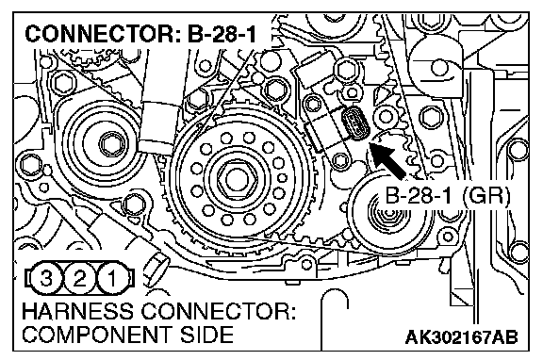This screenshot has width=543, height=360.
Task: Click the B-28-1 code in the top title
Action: (222, 34)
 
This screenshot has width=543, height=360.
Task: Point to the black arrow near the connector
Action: (387, 161)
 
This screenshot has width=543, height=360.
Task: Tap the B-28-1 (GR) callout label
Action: (448, 196)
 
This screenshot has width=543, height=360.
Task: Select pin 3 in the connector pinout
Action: (46, 278)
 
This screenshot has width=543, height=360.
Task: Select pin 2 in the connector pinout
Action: (79, 278)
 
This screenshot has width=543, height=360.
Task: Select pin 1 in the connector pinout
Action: (112, 278)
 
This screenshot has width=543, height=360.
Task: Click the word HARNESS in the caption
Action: (77, 311)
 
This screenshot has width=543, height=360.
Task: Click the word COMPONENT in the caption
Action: (98, 335)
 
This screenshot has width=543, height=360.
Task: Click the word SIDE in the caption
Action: (206, 335)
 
